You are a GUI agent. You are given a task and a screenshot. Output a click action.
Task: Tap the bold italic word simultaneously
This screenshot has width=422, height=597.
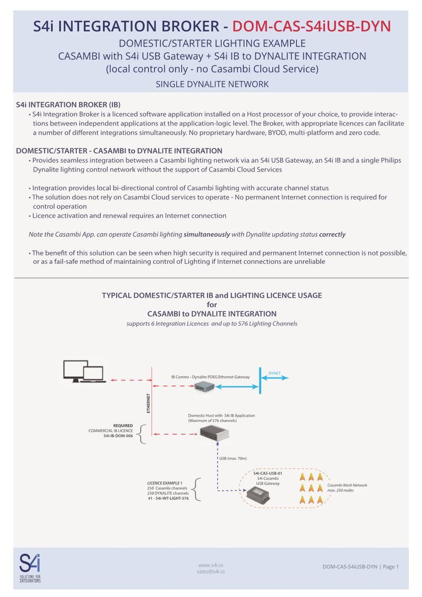pos(206,234)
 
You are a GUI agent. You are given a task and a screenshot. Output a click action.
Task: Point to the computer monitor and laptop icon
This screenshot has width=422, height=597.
pos(83,371)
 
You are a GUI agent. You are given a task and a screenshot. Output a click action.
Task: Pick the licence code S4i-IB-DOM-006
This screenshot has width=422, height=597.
pos(118,437)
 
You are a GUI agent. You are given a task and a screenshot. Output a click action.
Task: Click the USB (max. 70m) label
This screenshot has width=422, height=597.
pos(233,458)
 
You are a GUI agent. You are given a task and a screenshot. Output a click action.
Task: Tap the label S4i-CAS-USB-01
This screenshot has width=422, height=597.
pos(267,473)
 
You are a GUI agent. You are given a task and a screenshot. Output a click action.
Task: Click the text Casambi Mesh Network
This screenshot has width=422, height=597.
pos(347,485)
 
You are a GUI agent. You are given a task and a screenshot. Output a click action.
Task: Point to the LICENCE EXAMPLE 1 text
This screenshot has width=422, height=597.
pos(165,482)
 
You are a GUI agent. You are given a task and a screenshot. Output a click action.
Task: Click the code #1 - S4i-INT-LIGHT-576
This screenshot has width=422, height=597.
pos(168,498)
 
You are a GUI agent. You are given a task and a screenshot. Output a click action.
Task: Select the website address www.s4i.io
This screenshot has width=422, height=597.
pos(211,564)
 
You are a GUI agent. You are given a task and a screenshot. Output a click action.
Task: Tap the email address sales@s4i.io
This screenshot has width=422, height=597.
pos(211,571)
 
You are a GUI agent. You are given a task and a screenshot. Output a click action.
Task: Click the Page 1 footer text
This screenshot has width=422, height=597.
pos(390,566)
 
